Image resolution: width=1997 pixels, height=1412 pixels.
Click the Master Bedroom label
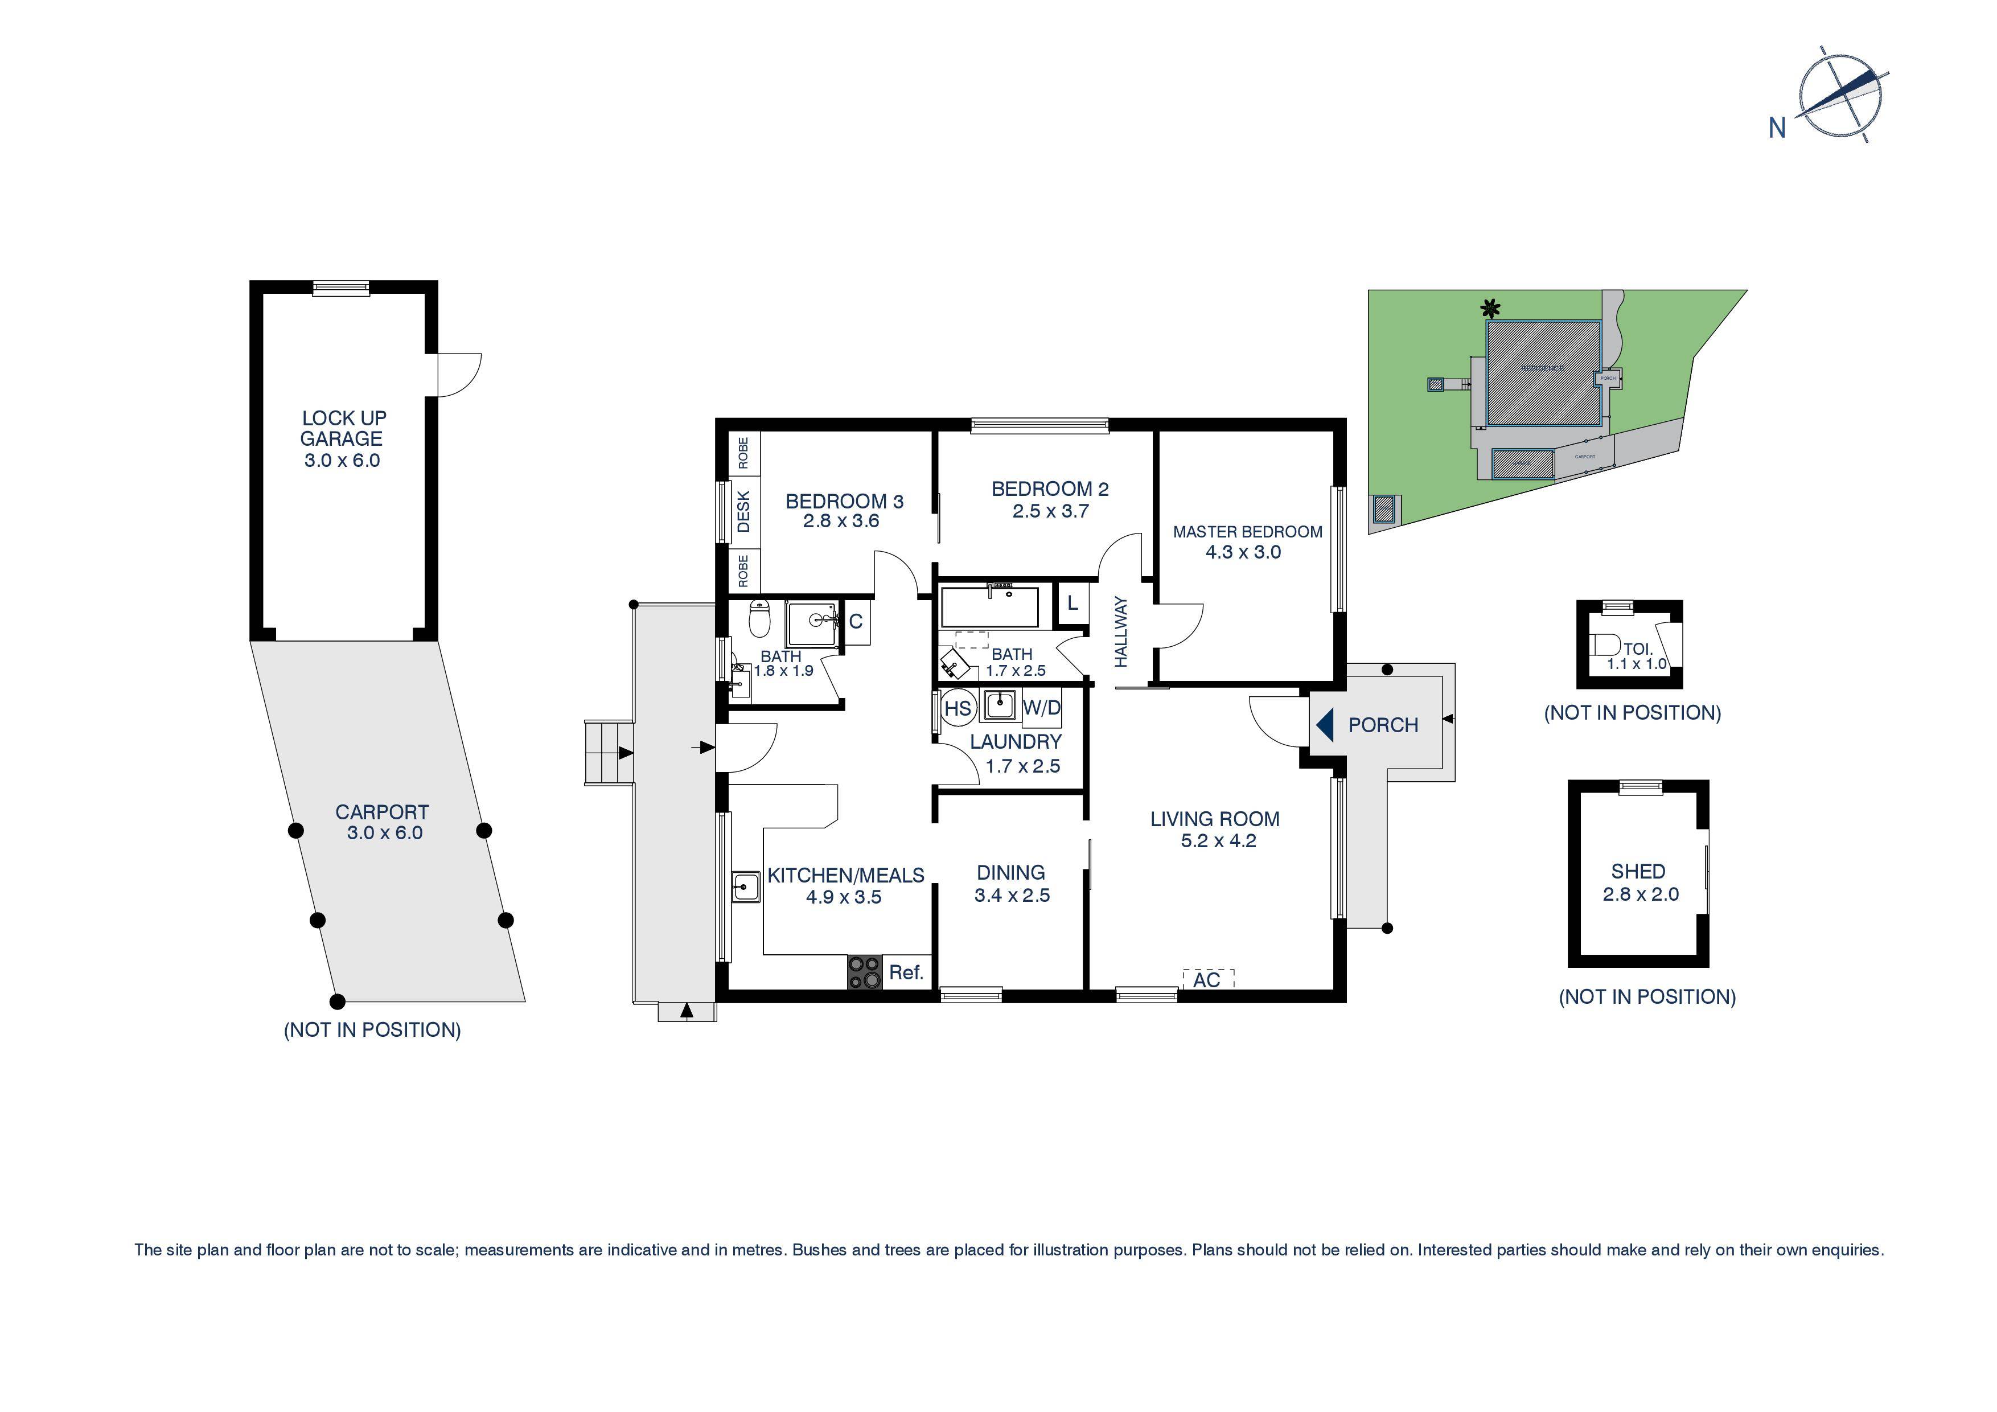pyautogui.click(x=1247, y=532)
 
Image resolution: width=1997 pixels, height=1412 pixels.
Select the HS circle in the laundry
pyautogui.click(x=957, y=708)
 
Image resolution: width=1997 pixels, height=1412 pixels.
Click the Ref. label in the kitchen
pyautogui.click(x=906, y=972)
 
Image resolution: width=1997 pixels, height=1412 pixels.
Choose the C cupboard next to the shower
pyautogui.click(x=856, y=621)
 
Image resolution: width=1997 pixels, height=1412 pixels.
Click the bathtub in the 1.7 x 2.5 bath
pyautogui.click(x=990, y=606)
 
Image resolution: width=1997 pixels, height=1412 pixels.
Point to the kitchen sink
pyautogui.click(x=745, y=888)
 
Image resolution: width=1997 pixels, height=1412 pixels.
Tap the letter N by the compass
pyautogui.click(x=1777, y=129)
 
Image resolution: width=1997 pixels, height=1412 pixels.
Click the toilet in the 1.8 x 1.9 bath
pyautogui.click(x=759, y=619)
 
